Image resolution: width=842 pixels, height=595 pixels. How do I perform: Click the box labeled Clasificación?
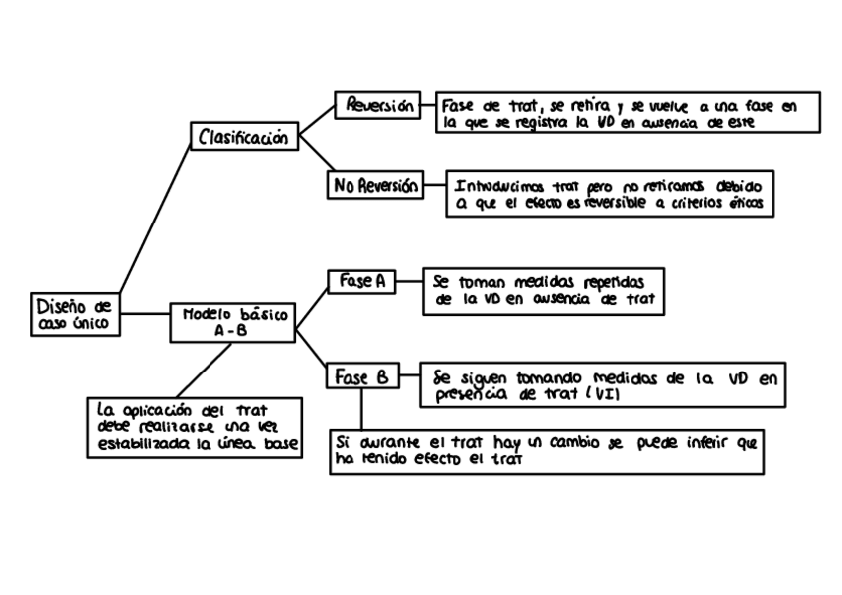243,137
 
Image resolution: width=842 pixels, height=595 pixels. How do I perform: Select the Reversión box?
378,106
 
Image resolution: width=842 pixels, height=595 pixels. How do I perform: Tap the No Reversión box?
375,185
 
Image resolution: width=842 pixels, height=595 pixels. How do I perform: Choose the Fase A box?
360,281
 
